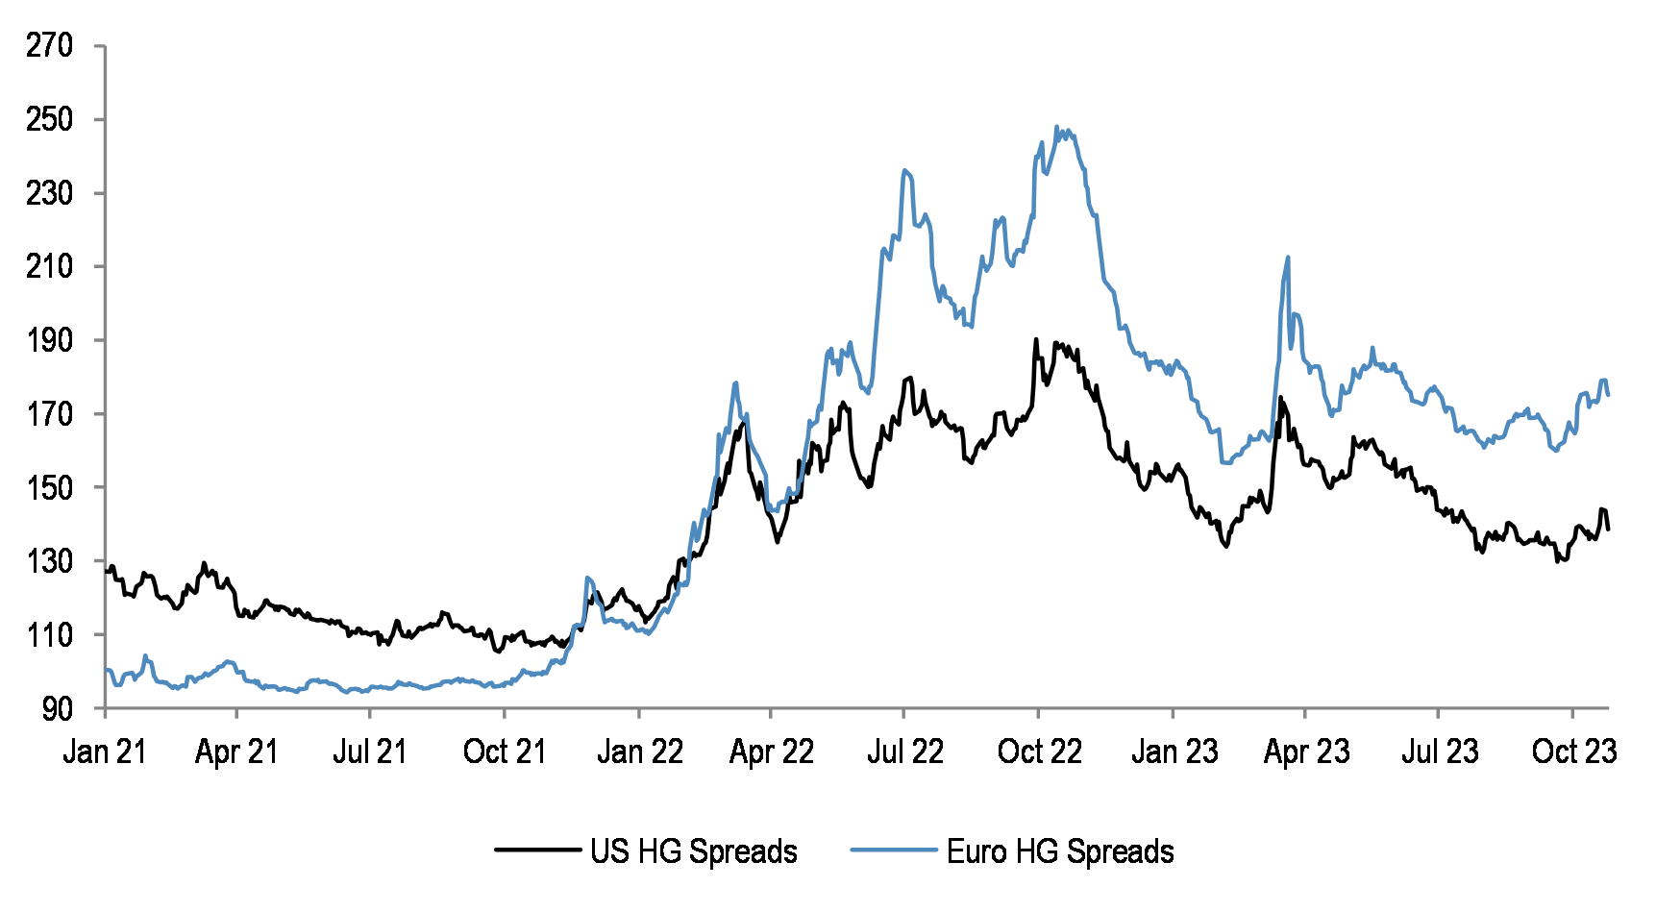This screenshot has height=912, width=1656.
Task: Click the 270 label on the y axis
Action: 49,45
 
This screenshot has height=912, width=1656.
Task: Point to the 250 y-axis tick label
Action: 49,119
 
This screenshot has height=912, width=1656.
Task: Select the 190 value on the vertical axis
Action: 49,340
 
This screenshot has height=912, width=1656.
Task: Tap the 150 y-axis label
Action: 49,487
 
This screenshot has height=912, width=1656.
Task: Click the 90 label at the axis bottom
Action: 57,708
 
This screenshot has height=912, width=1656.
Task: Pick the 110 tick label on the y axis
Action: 49,634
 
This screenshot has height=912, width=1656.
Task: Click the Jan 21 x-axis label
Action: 105,752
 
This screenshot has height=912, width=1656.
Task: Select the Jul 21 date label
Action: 370,752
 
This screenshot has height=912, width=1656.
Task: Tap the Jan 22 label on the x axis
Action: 639,752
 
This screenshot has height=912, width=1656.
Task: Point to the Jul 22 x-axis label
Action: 904,752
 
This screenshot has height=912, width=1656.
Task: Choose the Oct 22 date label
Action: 1039,752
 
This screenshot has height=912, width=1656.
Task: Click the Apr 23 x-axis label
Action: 1306,752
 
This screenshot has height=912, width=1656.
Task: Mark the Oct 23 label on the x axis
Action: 1573,752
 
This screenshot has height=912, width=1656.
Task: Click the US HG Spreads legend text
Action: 693,851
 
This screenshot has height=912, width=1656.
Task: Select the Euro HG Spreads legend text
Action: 1060,851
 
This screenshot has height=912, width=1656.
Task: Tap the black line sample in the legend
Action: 538,850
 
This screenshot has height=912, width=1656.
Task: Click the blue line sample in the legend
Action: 893,850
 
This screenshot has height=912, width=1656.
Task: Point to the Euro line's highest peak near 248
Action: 1056,127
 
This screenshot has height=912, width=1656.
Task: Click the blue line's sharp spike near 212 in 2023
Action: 1288,258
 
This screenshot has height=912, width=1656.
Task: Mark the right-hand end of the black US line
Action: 1609,529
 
